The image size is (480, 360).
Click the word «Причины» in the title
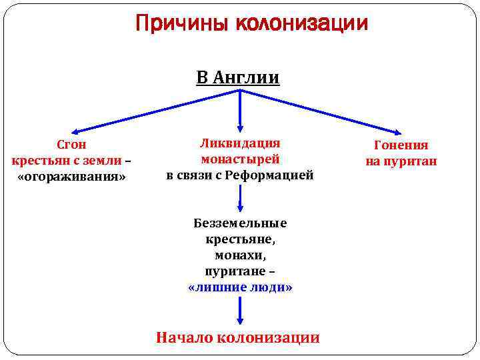click(177, 24)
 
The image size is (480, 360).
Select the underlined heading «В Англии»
click(238, 78)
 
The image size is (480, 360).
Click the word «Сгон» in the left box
click(71, 145)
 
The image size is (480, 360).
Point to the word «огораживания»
click(71, 177)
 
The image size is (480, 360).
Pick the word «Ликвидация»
click(240, 143)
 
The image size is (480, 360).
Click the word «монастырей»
click(240, 159)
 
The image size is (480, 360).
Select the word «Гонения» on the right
click(401, 145)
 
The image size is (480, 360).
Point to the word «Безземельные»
click(240, 223)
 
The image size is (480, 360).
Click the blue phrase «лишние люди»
click(241, 287)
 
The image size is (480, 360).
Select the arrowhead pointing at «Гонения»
click(399, 133)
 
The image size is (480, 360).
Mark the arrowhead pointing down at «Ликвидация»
click(240, 126)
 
